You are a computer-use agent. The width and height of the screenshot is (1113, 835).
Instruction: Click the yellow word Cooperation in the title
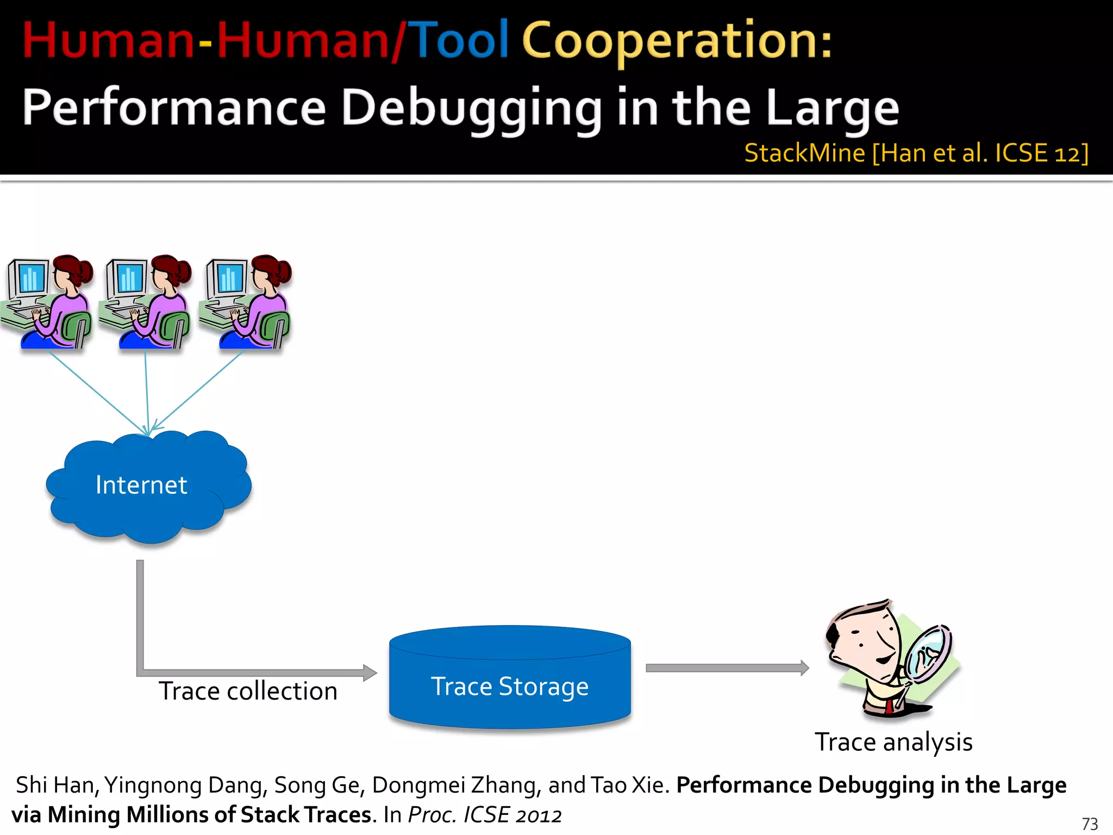[677, 41]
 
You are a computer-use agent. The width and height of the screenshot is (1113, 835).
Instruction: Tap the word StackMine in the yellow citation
[804, 153]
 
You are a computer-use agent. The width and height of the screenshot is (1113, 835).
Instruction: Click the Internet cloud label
[141, 485]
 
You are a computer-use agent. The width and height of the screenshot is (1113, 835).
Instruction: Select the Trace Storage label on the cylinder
[510, 686]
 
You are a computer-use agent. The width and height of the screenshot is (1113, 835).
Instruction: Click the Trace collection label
[248, 691]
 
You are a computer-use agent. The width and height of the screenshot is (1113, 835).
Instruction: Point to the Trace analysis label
[893, 742]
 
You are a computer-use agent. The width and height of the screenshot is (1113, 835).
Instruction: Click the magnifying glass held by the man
[930, 652]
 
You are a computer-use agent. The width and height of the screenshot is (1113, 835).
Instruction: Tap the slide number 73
[1090, 824]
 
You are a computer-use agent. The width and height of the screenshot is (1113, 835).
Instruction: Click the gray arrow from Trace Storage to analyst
[723, 668]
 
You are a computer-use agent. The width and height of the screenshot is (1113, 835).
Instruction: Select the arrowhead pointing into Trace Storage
[370, 672]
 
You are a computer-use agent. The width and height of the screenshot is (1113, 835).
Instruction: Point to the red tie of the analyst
[889, 706]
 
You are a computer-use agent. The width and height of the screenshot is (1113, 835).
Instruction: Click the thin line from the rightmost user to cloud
[198, 390]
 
